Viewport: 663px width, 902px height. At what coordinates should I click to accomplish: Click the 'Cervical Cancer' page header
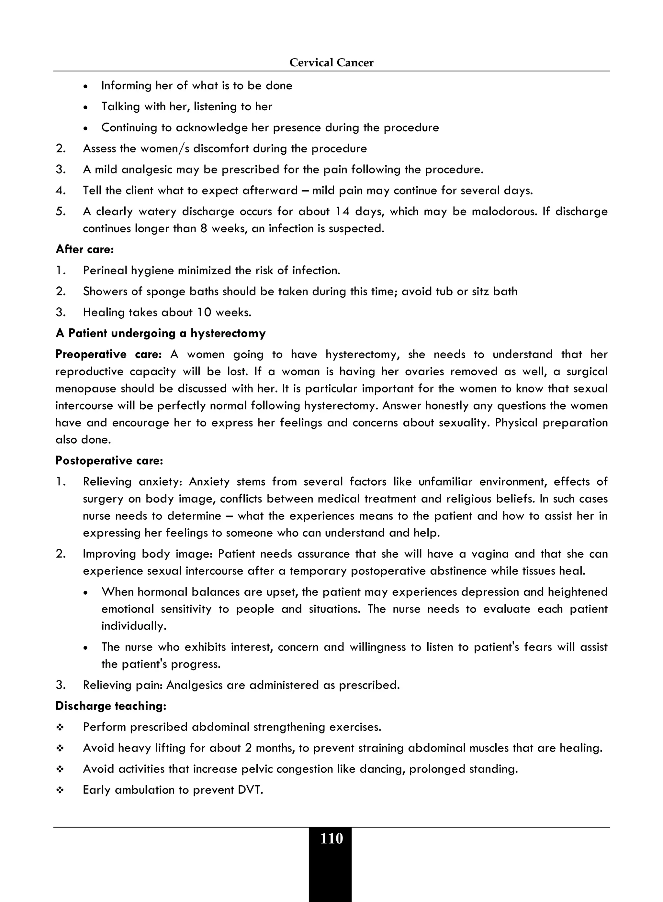click(331, 62)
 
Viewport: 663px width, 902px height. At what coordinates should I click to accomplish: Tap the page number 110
click(331, 838)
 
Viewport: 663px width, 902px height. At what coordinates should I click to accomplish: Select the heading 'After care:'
click(85, 249)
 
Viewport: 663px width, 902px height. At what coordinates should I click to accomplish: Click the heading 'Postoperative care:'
click(109, 460)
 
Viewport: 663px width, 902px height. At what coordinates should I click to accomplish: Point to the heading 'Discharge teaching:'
click(111, 706)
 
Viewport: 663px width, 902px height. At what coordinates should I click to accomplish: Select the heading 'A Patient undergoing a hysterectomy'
click(161, 333)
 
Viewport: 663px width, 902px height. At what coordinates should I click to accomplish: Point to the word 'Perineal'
click(105, 271)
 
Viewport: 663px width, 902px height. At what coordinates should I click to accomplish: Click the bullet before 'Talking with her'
click(85, 107)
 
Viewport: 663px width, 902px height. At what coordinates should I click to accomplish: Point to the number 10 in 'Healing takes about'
click(204, 313)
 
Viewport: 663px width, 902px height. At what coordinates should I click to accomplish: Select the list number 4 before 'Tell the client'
click(61, 191)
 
